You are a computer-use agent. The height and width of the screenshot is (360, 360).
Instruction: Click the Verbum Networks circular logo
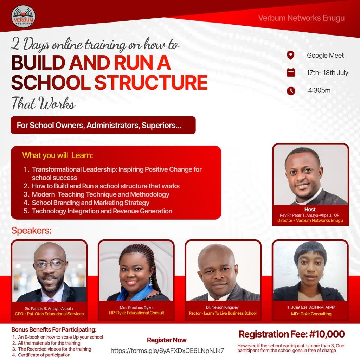tap(23, 17)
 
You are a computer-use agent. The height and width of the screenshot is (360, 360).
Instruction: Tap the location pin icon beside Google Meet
tap(291, 55)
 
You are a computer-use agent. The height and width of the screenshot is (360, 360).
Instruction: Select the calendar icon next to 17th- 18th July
tap(291, 72)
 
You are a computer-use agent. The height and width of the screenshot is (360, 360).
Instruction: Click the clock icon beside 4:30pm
tap(291, 91)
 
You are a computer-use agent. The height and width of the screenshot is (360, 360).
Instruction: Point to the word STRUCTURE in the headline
tap(151, 82)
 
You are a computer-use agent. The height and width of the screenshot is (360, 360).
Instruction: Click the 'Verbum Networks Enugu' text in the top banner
tap(301, 18)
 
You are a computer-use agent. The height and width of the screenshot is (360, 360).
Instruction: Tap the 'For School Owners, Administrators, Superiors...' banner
tap(103, 125)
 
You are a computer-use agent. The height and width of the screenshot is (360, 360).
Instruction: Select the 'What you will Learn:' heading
tap(58, 155)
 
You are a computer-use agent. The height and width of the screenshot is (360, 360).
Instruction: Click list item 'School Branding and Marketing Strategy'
tap(90, 203)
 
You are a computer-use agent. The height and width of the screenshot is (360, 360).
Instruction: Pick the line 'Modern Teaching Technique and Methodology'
tap(101, 194)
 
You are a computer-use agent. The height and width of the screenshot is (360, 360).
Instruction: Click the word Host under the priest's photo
tap(310, 210)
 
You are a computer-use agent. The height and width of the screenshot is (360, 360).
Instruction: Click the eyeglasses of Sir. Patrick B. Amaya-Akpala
tap(50, 264)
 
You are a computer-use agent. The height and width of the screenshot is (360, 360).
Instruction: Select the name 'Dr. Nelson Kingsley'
tap(222, 307)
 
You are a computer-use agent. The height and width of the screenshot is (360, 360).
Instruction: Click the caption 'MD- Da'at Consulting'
tap(311, 314)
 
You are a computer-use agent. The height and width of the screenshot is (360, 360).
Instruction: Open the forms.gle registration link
tap(167, 351)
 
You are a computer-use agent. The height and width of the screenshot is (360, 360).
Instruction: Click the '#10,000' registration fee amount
tap(327, 334)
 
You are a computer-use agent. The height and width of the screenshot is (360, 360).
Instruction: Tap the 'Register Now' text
tap(167, 340)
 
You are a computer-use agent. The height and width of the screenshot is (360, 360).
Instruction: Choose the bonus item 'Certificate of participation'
tap(44, 355)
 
